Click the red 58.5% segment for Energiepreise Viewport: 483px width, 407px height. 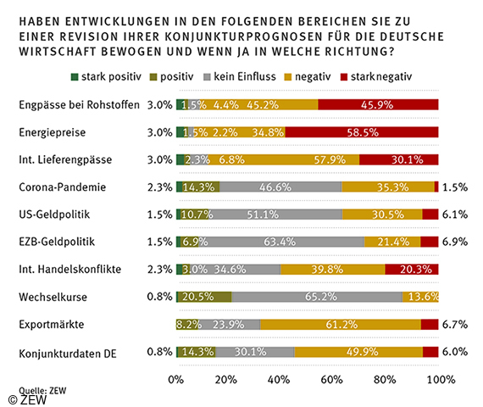(362, 132)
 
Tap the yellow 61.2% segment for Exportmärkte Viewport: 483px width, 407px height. (340, 324)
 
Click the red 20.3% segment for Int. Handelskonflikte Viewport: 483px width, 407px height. (411, 269)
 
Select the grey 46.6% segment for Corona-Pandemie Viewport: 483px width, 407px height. (280, 187)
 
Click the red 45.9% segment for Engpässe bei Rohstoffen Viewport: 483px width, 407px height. (378, 105)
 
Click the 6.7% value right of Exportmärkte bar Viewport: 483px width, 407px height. (456, 324)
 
